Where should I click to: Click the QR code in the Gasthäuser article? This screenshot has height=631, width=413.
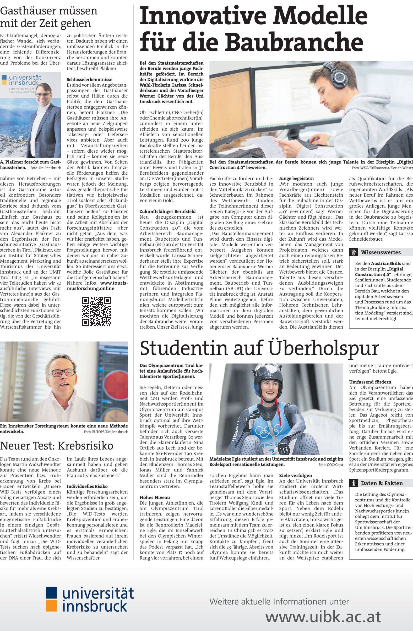(x=96, y=311)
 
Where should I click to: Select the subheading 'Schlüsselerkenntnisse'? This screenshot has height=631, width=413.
(x=89, y=79)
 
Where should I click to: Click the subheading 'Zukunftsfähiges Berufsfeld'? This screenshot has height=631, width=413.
(x=167, y=211)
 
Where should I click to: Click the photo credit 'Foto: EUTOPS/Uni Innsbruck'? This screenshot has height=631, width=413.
(x=105, y=432)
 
